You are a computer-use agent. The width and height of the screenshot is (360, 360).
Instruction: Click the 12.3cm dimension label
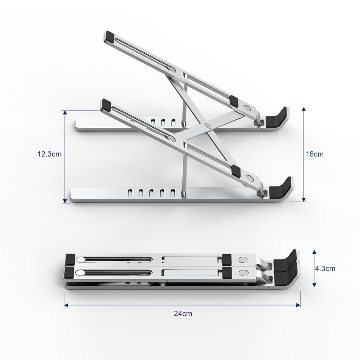click(49, 154)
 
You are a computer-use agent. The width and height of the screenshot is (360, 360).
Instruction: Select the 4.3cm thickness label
click(325, 268)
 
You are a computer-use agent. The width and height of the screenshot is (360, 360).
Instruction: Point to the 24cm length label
click(183, 313)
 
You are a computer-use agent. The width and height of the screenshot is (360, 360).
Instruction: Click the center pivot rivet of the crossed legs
click(207, 125)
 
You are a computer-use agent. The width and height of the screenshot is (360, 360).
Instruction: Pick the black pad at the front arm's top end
click(106, 105)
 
